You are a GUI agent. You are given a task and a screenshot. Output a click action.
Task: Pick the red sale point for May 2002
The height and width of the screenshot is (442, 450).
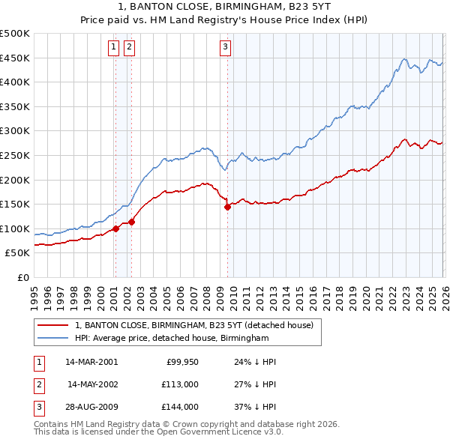[x=131, y=222]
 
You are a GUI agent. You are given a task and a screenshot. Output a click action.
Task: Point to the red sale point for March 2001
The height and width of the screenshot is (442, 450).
[x=115, y=228]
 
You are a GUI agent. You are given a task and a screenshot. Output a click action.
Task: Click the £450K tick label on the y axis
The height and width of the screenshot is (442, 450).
[x=15, y=58]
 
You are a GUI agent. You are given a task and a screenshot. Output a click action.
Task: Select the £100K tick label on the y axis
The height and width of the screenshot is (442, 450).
[x=15, y=228]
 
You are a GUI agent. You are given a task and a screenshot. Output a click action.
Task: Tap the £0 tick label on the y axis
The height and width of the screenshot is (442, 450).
[x=23, y=277]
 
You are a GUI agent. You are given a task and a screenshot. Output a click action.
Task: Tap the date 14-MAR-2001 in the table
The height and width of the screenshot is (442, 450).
[x=91, y=362]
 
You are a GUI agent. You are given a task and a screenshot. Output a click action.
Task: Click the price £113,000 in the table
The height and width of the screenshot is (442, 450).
[x=181, y=384]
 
